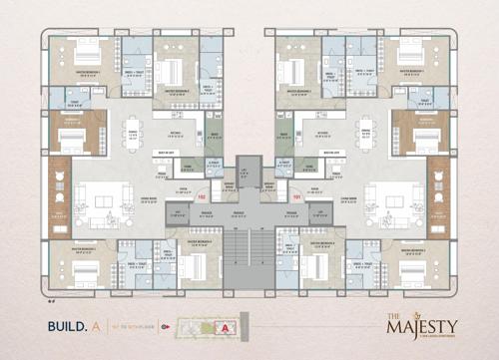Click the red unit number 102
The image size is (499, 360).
[203, 195]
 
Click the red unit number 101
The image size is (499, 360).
[295, 195]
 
